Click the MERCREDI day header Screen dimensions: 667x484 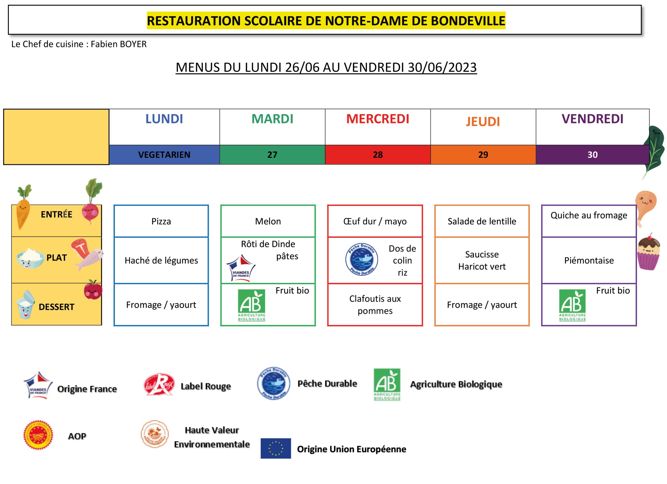[x=378, y=119]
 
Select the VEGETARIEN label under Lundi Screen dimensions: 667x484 [x=164, y=155]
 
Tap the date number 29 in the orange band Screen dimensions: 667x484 [x=483, y=155]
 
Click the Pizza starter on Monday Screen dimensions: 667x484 [x=161, y=221]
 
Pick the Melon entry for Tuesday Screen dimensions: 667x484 [x=268, y=221]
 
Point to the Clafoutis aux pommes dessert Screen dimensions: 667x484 [x=375, y=305]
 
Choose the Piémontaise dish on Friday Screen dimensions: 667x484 [x=589, y=261]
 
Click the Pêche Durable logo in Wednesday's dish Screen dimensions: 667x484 [x=361, y=260]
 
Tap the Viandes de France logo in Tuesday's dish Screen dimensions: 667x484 [x=241, y=268]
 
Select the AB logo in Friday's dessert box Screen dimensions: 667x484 [x=572, y=305]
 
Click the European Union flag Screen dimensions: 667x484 [x=276, y=448]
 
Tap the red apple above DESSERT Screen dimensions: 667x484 [x=93, y=290]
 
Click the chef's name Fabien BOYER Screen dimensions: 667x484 [x=119, y=44]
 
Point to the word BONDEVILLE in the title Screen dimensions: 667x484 [x=468, y=21]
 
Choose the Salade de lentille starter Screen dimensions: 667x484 [x=482, y=221]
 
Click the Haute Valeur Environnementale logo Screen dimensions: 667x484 [x=155, y=434]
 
